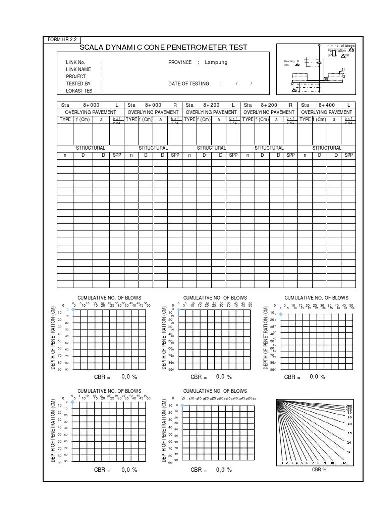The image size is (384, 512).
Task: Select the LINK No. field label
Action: (x=76, y=62)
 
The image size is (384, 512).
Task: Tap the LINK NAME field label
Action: (x=78, y=69)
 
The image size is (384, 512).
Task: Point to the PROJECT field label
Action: (x=76, y=77)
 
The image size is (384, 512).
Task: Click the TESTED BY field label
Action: (x=78, y=84)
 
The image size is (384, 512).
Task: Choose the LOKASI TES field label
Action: (x=79, y=91)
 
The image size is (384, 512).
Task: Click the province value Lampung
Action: (x=216, y=62)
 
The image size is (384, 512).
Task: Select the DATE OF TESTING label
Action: (x=189, y=84)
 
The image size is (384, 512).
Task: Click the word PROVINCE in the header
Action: (x=180, y=62)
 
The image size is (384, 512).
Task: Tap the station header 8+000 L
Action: (x=90, y=105)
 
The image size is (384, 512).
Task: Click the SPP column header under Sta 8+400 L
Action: (x=348, y=155)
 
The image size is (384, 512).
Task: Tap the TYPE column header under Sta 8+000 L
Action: (x=65, y=120)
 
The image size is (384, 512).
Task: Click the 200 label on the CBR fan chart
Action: (x=349, y=405)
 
